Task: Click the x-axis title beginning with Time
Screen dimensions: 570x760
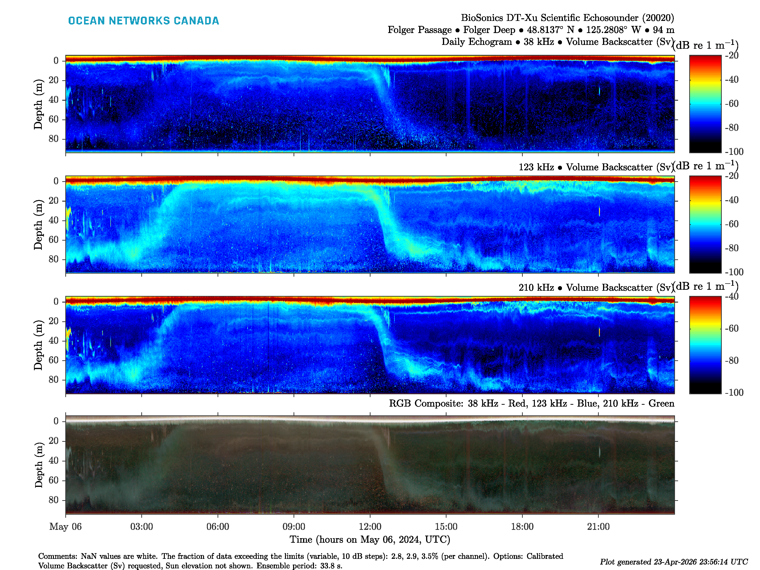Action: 370,539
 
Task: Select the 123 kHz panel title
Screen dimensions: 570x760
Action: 595,167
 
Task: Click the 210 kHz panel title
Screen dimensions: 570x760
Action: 595,288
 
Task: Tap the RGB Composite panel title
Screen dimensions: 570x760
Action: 531,403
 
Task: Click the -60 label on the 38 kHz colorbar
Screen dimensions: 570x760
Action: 732,103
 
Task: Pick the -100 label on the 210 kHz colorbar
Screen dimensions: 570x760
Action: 734,392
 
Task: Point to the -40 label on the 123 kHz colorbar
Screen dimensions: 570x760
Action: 732,200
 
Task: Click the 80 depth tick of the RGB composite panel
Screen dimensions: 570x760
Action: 54,500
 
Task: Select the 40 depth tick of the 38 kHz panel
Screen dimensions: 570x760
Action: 54,100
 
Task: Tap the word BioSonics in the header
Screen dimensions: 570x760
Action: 482,18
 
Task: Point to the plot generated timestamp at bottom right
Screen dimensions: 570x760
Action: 673,562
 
